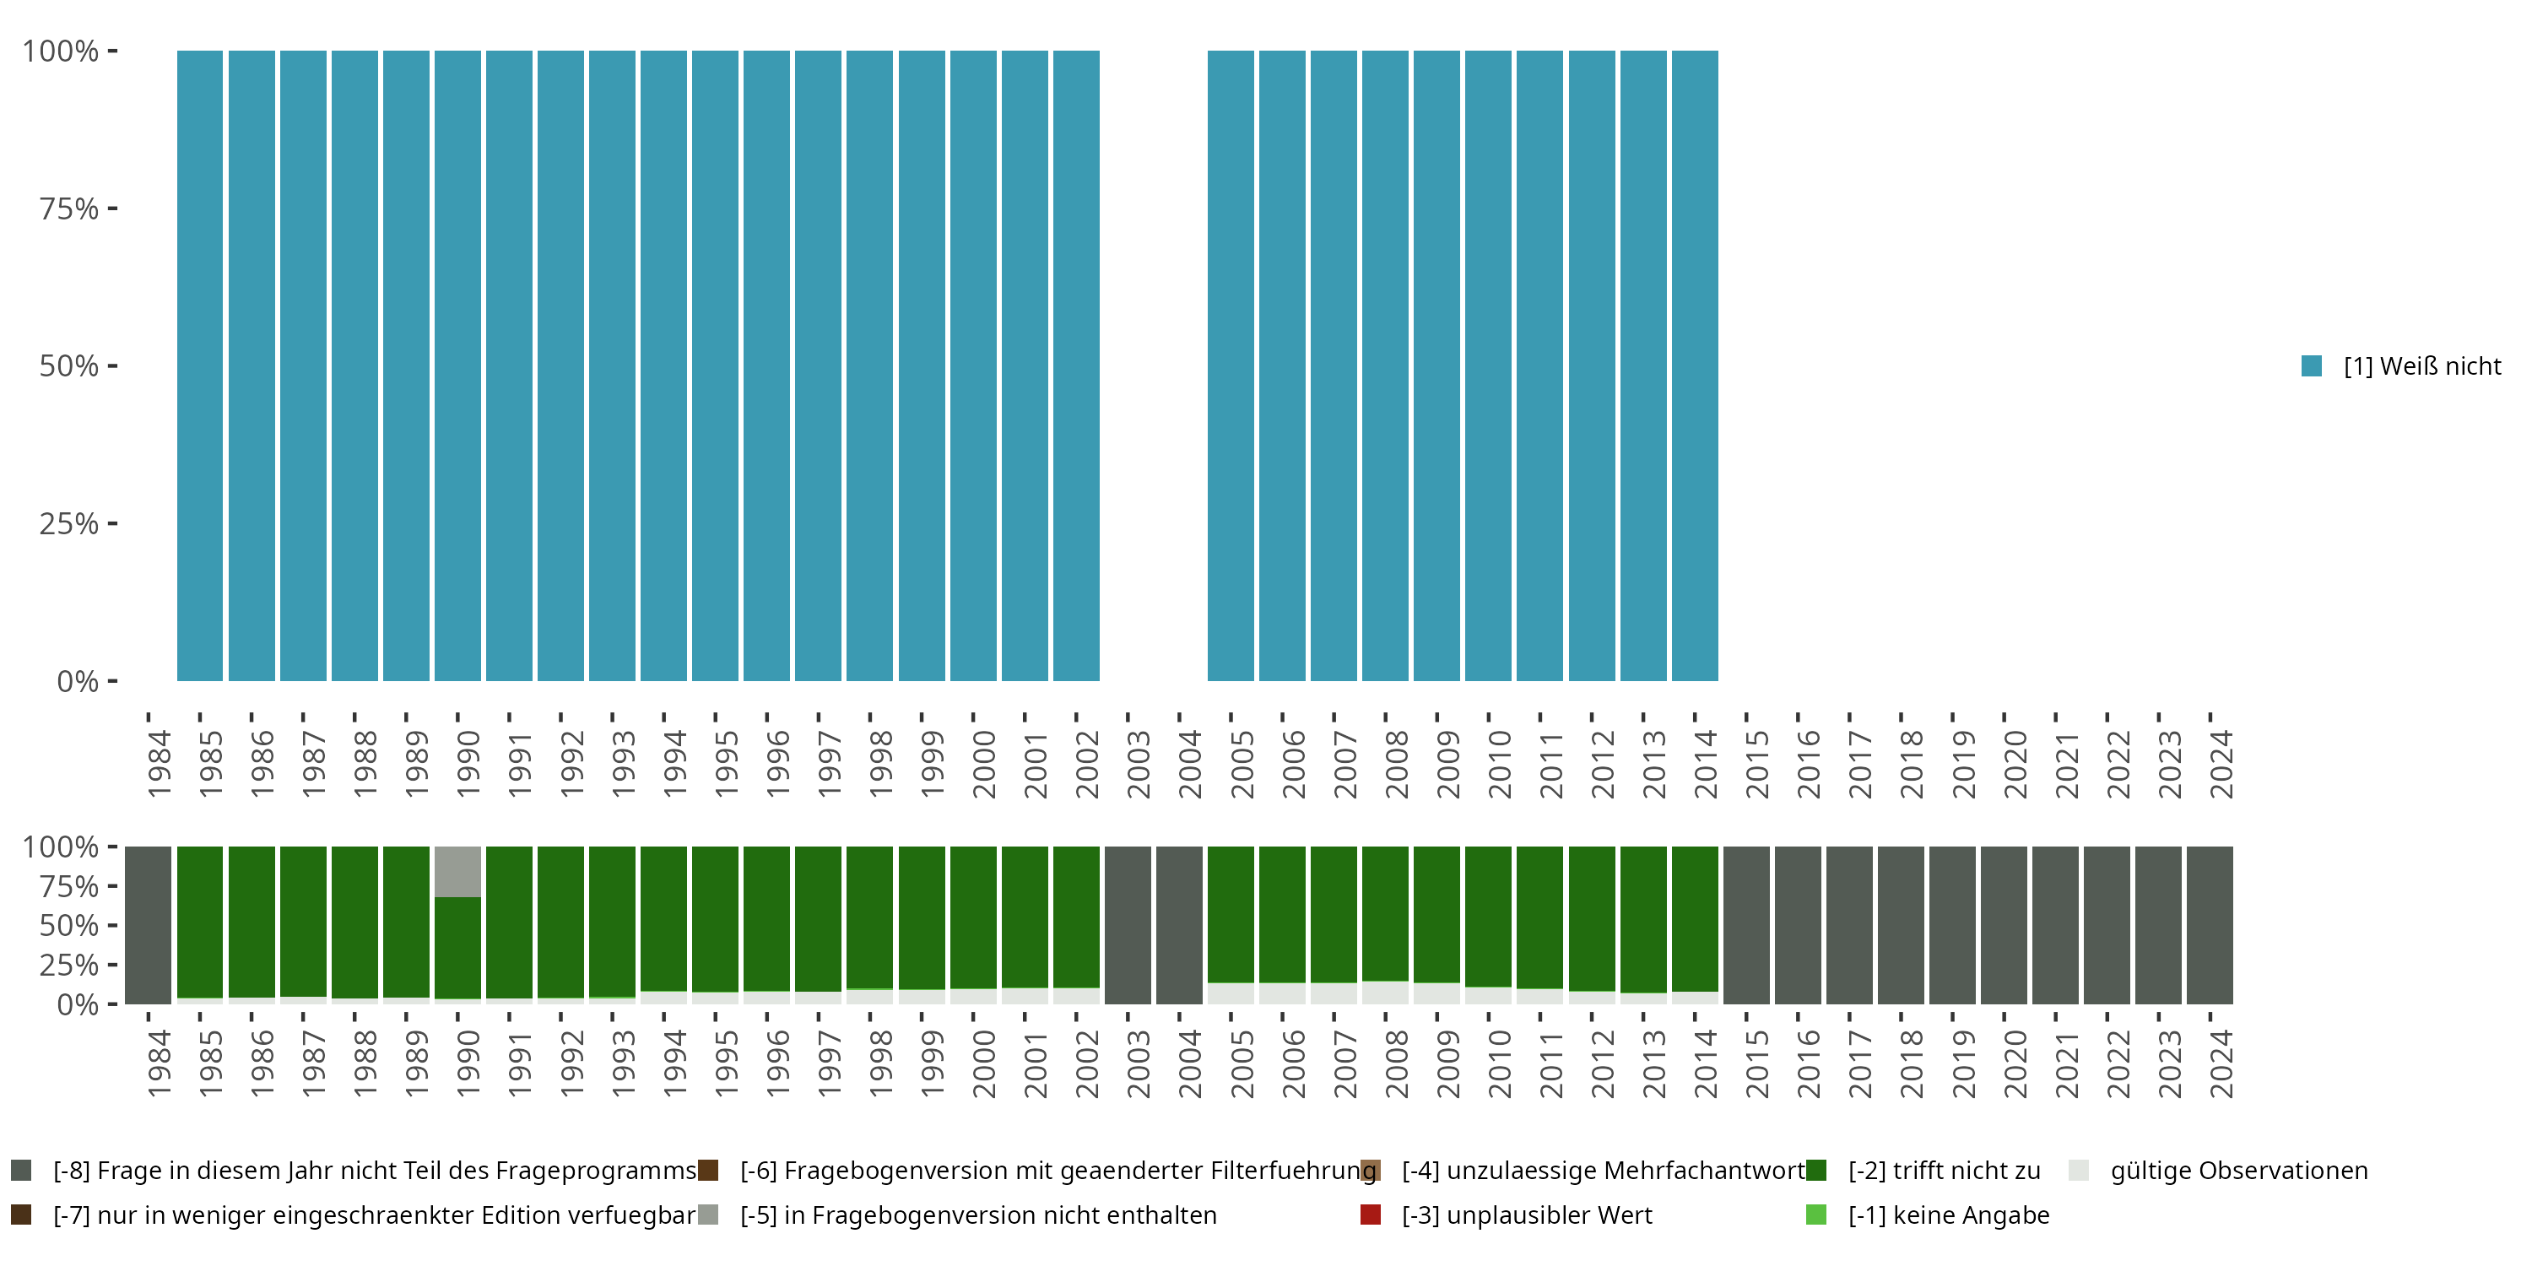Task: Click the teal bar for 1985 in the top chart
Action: pyautogui.click(x=199, y=365)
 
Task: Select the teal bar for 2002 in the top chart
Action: pyautogui.click(x=1076, y=365)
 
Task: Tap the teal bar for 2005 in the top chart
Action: pyautogui.click(x=1231, y=365)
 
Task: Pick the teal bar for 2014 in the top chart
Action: pyautogui.click(x=1695, y=365)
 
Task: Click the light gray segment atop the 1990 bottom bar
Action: pyautogui.click(x=457, y=871)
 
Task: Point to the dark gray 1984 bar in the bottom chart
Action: pyautogui.click(x=149, y=925)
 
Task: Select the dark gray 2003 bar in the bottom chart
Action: pyautogui.click(x=1128, y=925)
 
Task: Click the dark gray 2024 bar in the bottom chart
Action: pyautogui.click(x=2210, y=925)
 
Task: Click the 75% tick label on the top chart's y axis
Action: pyautogui.click(x=69, y=208)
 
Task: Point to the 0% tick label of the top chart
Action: pyautogui.click(x=78, y=681)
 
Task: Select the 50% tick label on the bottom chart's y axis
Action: pyautogui.click(x=69, y=925)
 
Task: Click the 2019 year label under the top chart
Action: pyautogui.click(x=1963, y=765)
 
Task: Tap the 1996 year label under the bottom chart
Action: pyautogui.click(x=777, y=1063)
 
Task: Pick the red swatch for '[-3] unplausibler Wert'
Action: pyautogui.click(x=1370, y=1215)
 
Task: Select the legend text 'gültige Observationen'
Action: pyautogui.click(x=2238, y=1171)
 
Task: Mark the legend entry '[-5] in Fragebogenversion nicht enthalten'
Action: pyautogui.click(x=977, y=1215)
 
